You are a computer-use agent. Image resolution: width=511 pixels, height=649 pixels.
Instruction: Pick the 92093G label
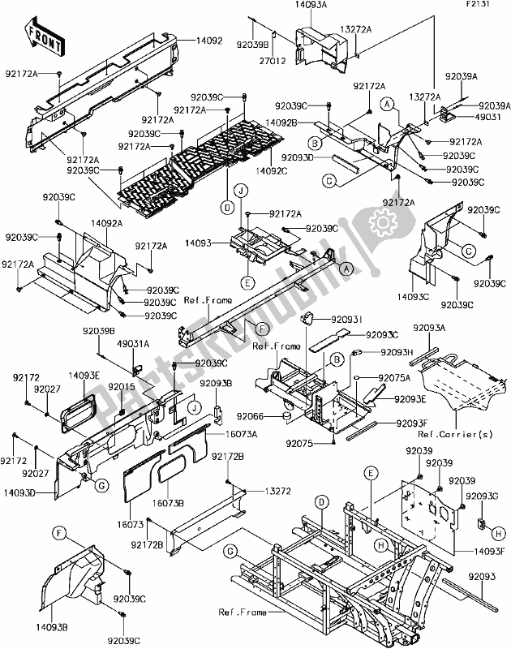(482, 495)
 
